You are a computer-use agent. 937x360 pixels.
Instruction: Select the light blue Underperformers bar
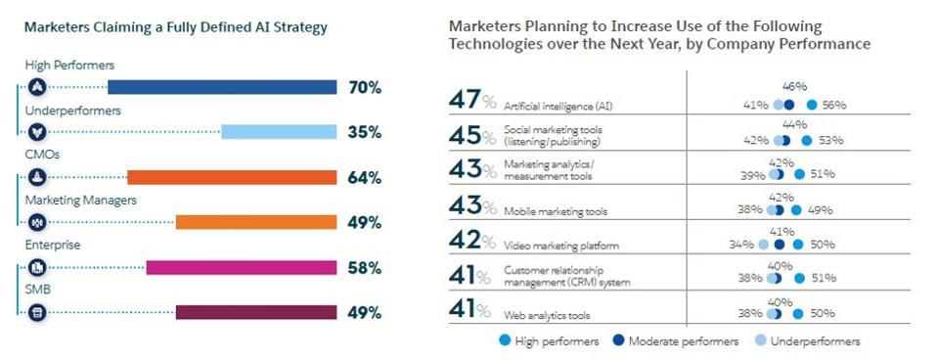pos(279,132)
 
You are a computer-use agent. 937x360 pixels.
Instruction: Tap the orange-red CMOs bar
pos(232,177)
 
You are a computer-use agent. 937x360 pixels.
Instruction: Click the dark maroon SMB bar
pos(256,312)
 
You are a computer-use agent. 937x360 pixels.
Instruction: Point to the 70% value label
pos(365,87)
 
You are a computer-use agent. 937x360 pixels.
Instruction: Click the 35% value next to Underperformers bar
pos(365,132)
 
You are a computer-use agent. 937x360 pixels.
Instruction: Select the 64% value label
pos(365,177)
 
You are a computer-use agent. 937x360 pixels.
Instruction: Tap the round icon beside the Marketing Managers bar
pos(38,222)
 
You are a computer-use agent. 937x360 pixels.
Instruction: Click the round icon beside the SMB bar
pos(38,312)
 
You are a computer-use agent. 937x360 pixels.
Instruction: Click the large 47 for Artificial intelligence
pos(462,100)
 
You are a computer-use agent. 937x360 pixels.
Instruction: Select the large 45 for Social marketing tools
pos(462,136)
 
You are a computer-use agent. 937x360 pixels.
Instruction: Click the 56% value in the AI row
pos(833,105)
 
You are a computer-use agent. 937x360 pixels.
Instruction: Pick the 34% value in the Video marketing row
pos(741,245)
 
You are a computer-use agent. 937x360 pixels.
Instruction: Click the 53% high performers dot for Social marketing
pos(806,140)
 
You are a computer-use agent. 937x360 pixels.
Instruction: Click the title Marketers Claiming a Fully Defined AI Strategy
pos(176,28)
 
